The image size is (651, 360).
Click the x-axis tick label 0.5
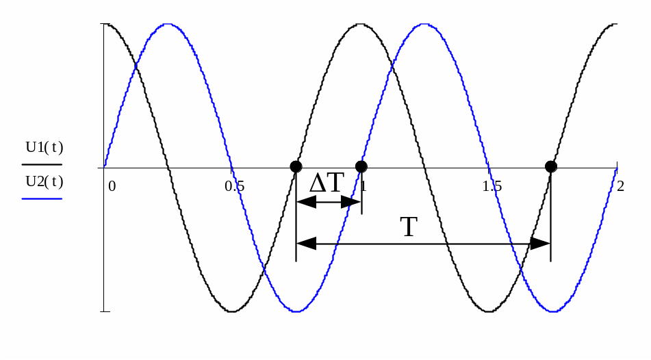pos(235,186)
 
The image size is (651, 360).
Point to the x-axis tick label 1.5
pos(492,186)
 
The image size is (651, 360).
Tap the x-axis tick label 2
pos(620,186)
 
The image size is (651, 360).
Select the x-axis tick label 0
pos(112,186)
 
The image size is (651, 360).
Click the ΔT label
pos(327,183)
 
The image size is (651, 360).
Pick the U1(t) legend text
pos(44,147)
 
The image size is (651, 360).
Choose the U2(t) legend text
pos(44,181)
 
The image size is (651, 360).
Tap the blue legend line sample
pos(42,198)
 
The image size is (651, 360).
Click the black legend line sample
pos(42,164)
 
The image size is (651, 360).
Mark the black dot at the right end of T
pos(550,166)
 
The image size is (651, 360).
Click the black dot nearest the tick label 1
pos(361,166)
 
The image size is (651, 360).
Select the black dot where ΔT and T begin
pos(296,166)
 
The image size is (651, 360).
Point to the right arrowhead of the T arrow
pos(542,244)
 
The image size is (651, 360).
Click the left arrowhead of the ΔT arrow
pos(304,202)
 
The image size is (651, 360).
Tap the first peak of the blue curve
pos(167,25)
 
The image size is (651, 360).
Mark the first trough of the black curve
pos(232,311)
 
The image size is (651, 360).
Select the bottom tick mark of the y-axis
pos(105,311)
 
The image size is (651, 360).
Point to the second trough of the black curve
pos(489,311)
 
